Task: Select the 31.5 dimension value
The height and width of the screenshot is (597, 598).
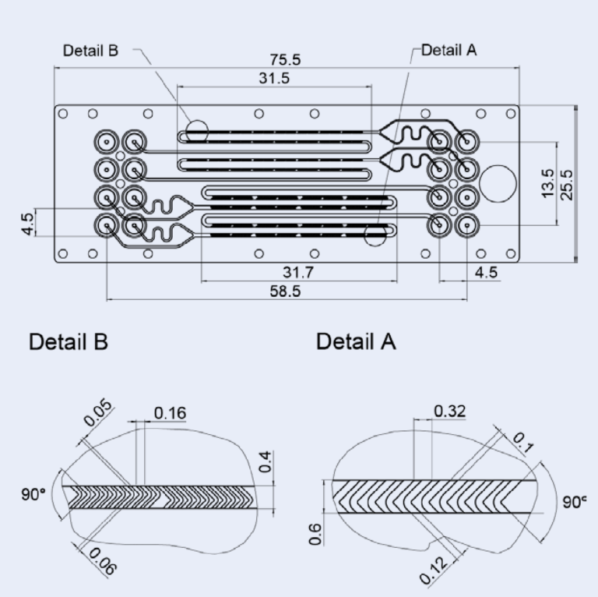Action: point(273,79)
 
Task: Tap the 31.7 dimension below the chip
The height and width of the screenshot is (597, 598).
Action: point(298,272)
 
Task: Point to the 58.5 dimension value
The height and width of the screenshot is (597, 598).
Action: point(285,290)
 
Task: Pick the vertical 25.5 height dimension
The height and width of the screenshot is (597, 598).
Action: point(568,184)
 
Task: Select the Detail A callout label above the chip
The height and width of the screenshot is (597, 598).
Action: point(449,51)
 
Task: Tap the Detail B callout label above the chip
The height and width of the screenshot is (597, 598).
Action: point(90,51)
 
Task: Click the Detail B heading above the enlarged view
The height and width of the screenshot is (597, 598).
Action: point(69,341)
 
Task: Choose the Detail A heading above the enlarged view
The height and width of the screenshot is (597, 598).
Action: point(357,341)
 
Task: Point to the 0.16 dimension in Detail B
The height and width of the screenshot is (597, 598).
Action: point(170,413)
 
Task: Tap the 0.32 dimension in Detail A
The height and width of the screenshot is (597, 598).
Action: point(449,411)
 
